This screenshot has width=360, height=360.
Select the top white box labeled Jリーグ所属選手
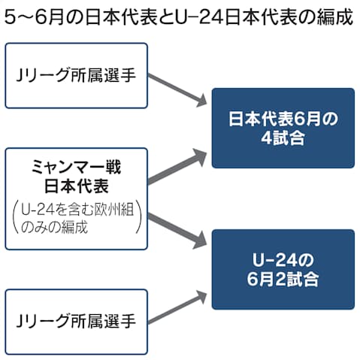click(x=76, y=76)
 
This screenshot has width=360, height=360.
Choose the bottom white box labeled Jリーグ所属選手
click(x=76, y=321)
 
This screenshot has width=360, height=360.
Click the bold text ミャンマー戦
click(x=76, y=165)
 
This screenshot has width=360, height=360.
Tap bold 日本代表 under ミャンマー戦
click(x=76, y=184)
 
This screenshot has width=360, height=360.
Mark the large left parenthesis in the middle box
click(x=14, y=219)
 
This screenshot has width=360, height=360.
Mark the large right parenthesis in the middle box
click(x=140, y=219)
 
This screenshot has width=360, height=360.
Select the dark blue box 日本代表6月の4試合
click(x=283, y=128)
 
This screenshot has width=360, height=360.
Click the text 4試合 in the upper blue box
click(x=283, y=138)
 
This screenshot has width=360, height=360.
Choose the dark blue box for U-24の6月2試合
click(x=283, y=269)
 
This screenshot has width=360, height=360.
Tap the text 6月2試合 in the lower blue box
click(x=283, y=280)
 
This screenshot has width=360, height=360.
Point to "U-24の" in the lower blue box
click(x=283, y=259)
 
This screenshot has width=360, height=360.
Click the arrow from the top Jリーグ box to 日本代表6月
click(x=178, y=90)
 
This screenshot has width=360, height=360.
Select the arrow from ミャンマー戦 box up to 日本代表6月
click(x=177, y=167)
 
